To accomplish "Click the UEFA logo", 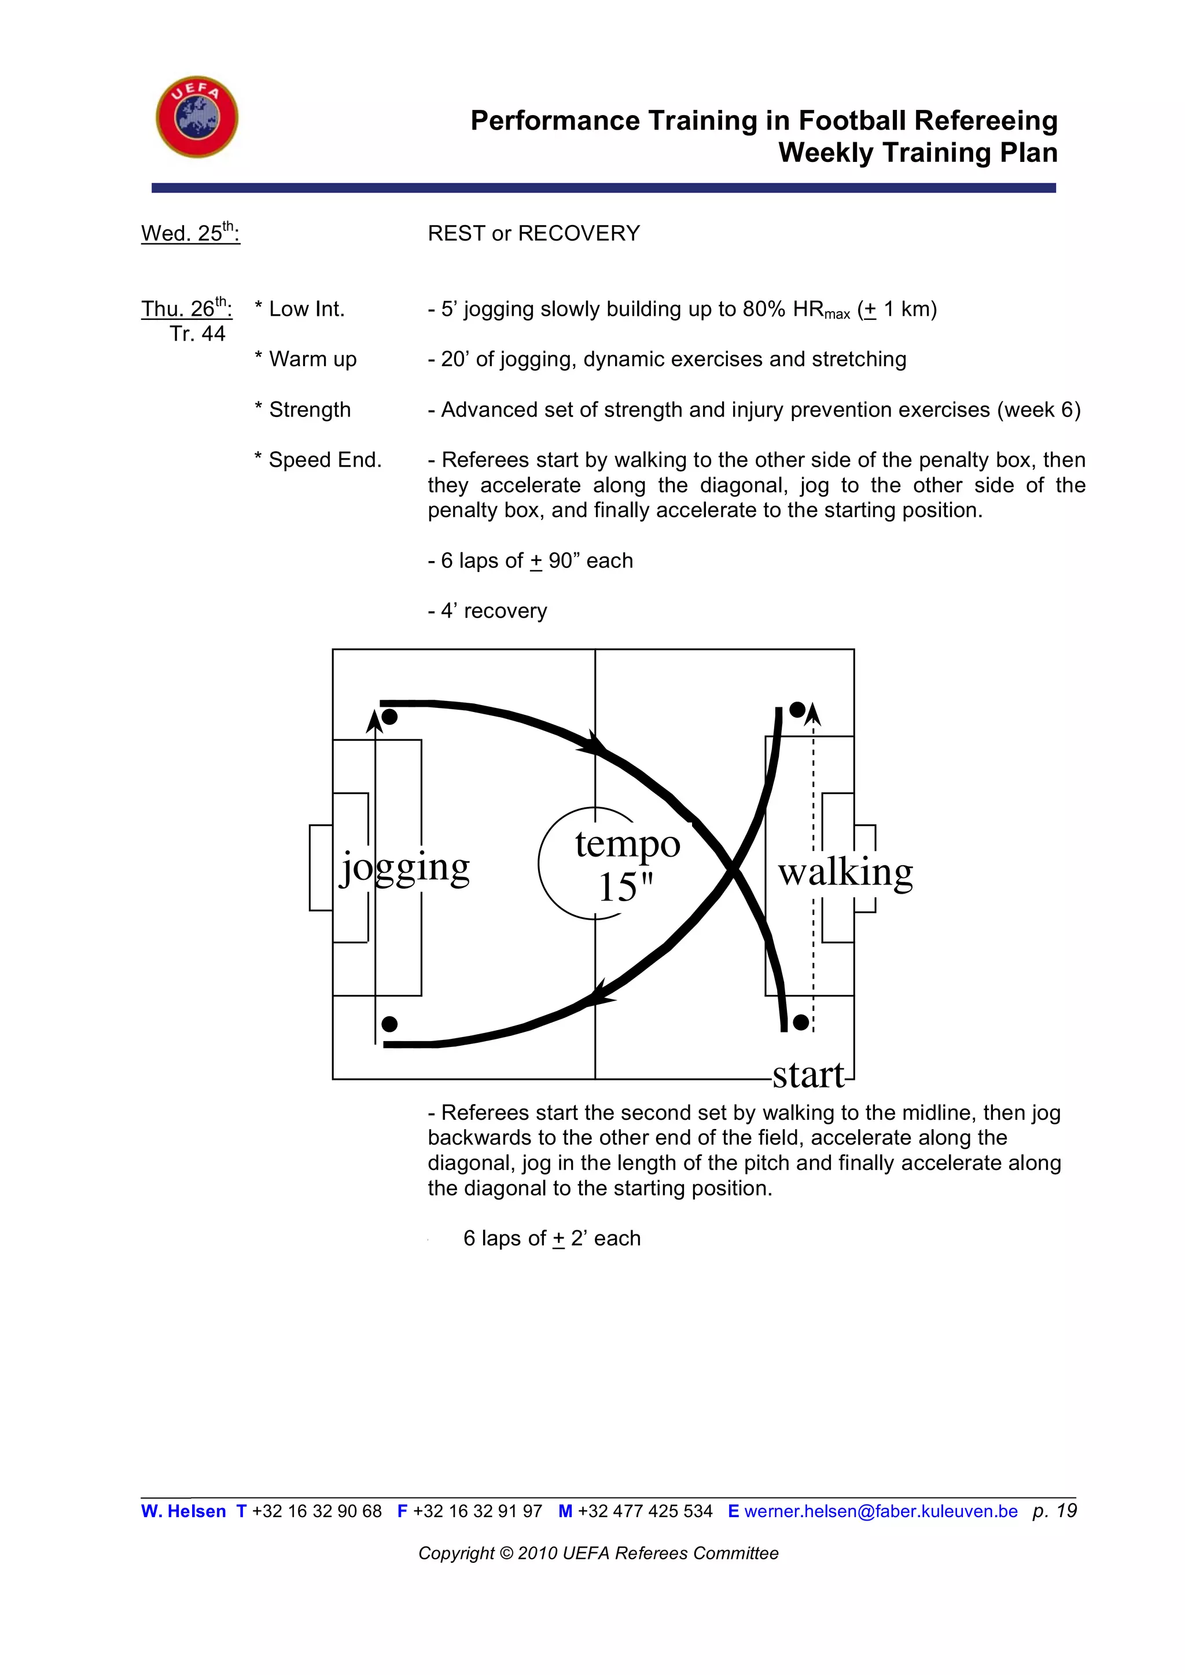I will (197, 117).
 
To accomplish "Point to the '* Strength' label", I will (303, 410).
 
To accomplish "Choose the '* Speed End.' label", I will (318, 460).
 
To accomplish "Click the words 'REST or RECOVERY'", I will (533, 234).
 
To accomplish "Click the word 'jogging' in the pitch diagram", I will (405, 868).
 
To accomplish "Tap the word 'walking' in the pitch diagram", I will (845, 872).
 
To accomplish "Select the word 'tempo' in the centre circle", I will (628, 844).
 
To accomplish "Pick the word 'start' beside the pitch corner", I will (808, 1075).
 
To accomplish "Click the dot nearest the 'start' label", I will (800, 1022).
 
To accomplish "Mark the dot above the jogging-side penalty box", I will (389, 717).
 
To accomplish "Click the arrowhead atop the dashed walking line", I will (814, 714).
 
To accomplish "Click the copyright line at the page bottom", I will (598, 1553).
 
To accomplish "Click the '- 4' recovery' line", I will (487, 611).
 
